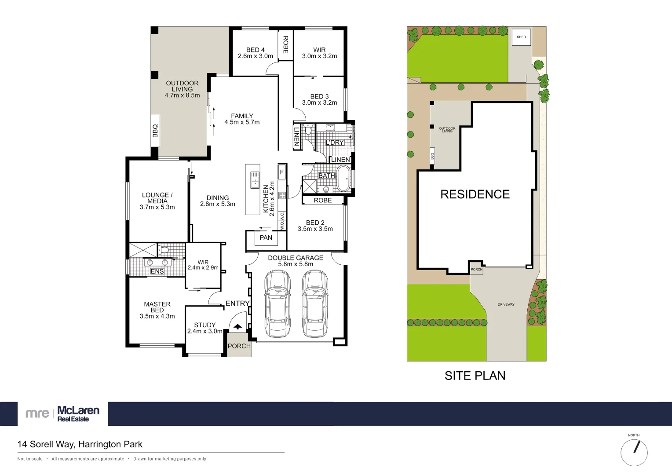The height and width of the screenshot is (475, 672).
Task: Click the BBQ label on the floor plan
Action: pos(155,131)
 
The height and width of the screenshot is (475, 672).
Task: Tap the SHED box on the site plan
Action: pos(521,37)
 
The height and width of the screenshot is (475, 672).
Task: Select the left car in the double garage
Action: pos(278,303)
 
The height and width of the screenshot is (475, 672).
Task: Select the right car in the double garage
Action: pos(315,303)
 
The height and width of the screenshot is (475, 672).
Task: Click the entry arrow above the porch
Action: pos(237,327)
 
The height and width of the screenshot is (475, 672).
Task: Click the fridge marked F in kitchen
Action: pos(282,172)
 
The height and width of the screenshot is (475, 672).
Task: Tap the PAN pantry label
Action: pos(266,238)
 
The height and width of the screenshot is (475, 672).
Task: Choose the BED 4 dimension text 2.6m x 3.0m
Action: pos(256,56)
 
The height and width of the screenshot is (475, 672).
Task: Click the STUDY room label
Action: pos(205,325)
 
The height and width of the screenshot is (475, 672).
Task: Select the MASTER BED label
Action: pos(157,307)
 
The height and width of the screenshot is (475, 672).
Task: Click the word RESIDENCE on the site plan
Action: pos(475,194)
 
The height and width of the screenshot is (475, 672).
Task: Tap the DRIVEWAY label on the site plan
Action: pos(506,304)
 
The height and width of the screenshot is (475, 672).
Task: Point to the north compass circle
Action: pos(634,453)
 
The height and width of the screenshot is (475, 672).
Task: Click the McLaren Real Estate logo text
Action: pos(78,413)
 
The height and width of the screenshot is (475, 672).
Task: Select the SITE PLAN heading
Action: pos(475,376)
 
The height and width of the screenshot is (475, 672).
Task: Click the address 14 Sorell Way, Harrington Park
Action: pos(80,444)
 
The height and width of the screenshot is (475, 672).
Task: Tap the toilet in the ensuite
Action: pos(165,250)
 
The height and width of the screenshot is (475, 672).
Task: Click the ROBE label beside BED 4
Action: pos(285,44)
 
